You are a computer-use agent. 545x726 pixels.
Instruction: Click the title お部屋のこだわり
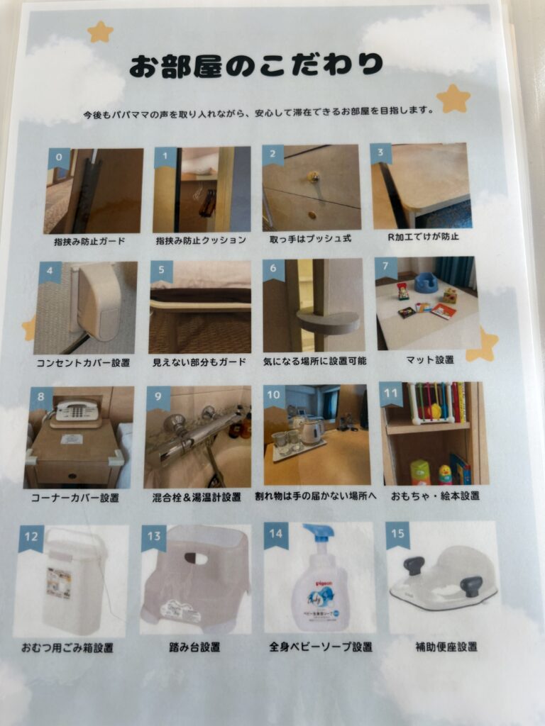[255, 65]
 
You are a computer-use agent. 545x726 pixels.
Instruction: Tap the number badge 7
[385, 267]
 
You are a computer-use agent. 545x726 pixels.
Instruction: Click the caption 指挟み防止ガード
[89, 241]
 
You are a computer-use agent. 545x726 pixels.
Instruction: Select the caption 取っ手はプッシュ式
[311, 239]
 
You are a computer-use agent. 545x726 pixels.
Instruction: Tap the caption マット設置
[429, 359]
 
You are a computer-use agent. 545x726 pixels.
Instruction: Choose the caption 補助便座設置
[446, 647]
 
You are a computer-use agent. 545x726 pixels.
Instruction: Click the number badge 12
[31, 537]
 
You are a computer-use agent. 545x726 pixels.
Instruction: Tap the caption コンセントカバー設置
[84, 362]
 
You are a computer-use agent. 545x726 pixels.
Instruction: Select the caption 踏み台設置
[194, 647]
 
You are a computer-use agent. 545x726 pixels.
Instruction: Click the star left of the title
[100, 32]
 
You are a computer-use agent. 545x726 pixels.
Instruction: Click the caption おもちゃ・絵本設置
[435, 496]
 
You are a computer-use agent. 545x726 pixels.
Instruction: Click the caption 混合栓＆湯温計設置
[197, 497]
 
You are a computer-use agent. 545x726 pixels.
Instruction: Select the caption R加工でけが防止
[423, 237]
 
